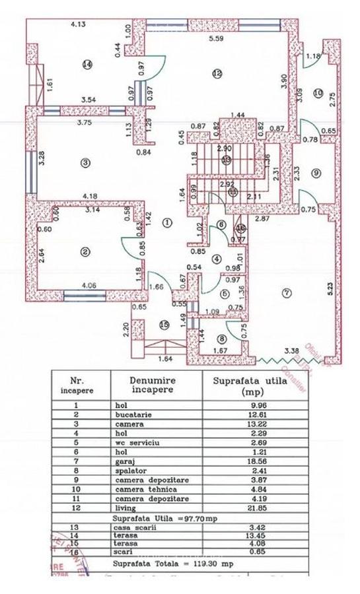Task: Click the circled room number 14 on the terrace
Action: pyautogui.click(x=86, y=64)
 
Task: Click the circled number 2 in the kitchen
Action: pyautogui.click(x=85, y=251)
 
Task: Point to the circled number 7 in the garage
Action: pyautogui.click(x=285, y=292)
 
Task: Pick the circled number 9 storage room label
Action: pyautogui.click(x=316, y=173)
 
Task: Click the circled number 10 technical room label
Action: pyautogui.click(x=318, y=94)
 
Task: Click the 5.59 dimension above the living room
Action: pyautogui.click(x=217, y=40)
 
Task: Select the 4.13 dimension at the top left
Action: pyautogui.click(x=80, y=25)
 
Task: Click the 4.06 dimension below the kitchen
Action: pyautogui.click(x=89, y=285)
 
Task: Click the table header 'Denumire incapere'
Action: pyautogui.click(x=154, y=385)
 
